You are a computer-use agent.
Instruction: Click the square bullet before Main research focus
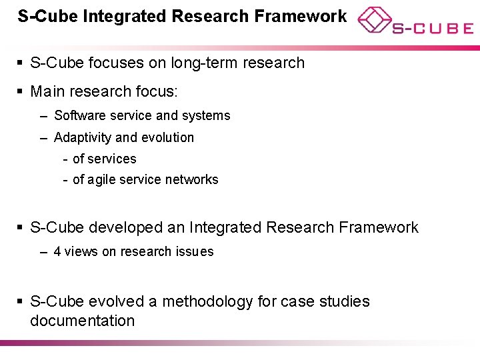tap(21, 90)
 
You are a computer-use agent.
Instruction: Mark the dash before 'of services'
tap(65, 159)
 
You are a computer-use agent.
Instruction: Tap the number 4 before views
tap(57, 251)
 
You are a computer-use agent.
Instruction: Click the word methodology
tap(207, 301)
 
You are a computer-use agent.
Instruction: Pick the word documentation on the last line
tap(82, 321)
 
